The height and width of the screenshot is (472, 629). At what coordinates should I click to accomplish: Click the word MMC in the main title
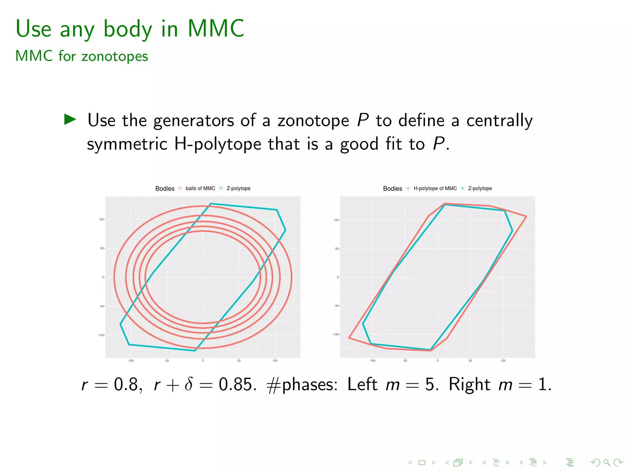[x=216, y=29]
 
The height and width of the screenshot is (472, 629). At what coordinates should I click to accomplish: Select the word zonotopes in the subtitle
[x=115, y=57]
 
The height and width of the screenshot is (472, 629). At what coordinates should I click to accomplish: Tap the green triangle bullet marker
[x=70, y=120]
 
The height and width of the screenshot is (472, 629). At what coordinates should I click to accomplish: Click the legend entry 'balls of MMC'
[x=200, y=188]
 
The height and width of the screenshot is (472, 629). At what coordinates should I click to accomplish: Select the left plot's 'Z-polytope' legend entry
[x=238, y=188]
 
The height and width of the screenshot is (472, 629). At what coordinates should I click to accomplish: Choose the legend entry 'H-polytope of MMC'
[x=435, y=188]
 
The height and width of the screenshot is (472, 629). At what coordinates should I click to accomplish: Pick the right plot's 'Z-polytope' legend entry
[x=480, y=188]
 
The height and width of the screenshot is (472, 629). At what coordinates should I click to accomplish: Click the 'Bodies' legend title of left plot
[x=165, y=189]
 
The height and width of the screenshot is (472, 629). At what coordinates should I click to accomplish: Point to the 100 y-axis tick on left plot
[x=101, y=219]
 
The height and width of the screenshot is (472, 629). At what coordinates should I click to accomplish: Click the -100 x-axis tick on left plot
[x=131, y=361]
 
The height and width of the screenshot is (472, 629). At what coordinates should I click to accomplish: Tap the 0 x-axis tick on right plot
[x=438, y=361]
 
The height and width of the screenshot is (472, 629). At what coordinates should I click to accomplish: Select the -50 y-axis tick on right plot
[x=337, y=306]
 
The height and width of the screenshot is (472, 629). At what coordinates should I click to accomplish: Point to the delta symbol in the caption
[x=189, y=384]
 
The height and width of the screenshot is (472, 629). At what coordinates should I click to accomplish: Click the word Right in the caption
[x=469, y=384]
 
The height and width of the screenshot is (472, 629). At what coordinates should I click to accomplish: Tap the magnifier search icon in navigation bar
[x=607, y=462]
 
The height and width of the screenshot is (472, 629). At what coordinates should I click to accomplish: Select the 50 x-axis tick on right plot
[x=470, y=361]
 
